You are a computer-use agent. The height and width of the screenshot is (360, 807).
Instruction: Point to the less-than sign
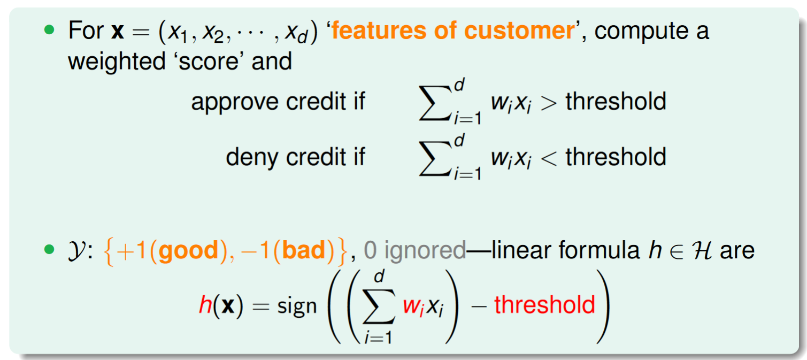tap(549, 158)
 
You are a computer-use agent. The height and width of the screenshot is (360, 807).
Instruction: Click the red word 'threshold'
tap(544, 304)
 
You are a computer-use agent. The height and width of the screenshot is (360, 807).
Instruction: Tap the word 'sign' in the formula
tap(297, 307)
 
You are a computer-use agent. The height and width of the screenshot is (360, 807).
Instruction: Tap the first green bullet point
tap(49, 29)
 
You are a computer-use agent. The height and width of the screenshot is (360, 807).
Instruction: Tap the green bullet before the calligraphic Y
tap(49, 249)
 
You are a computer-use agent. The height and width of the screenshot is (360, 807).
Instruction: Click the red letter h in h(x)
tap(205, 304)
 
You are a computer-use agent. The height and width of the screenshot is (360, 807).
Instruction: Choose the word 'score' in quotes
tap(209, 62)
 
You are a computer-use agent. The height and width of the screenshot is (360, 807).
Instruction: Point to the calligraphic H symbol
tap(702, 250)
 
